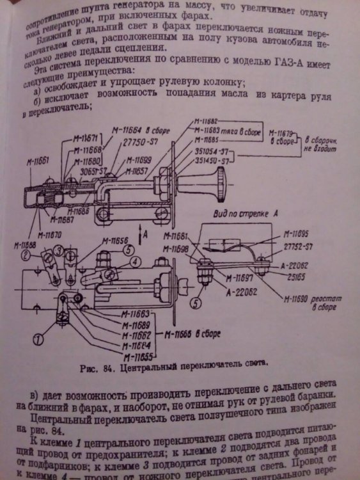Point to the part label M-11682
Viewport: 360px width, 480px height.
click(204, 121)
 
